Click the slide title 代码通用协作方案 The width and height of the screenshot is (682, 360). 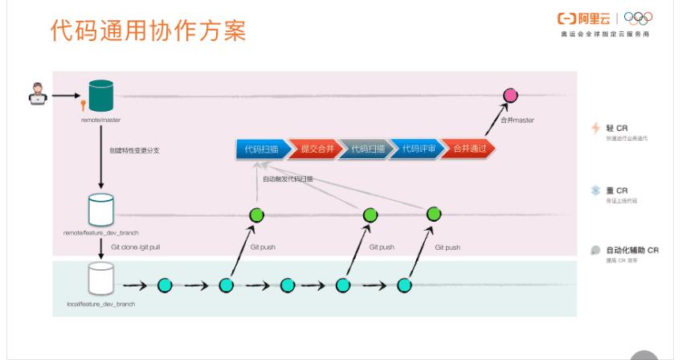click(147, 32)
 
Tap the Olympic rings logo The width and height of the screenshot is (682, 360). click(639, 18)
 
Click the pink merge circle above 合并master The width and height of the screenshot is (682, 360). click(509, 96)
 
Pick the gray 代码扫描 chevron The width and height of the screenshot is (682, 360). click(367, 149)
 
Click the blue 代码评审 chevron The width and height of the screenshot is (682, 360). click(418, 149)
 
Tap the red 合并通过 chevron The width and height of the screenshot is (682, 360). click(469, 149)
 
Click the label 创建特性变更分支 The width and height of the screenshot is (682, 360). click(133, 150)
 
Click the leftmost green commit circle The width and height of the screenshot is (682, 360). click(257, 215)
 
